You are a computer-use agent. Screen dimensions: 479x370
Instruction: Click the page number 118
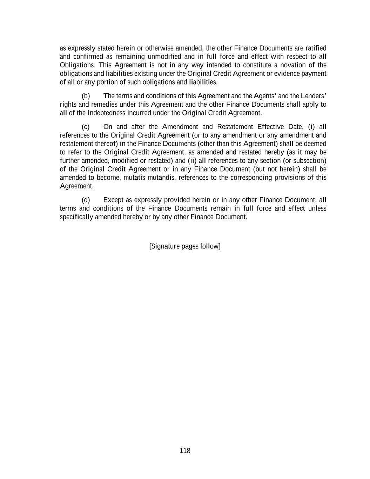click(x=185, y=451)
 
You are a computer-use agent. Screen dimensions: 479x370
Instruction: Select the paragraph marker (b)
click(x=86, y=96)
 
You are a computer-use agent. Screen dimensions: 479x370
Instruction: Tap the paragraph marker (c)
click(x=86, y=127)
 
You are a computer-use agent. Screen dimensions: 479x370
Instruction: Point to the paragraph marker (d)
click(x=86, y=200)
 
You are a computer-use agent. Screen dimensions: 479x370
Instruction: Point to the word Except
click(x=113, y=200)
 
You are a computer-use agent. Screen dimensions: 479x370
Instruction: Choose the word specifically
click(x=76, y=217)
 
